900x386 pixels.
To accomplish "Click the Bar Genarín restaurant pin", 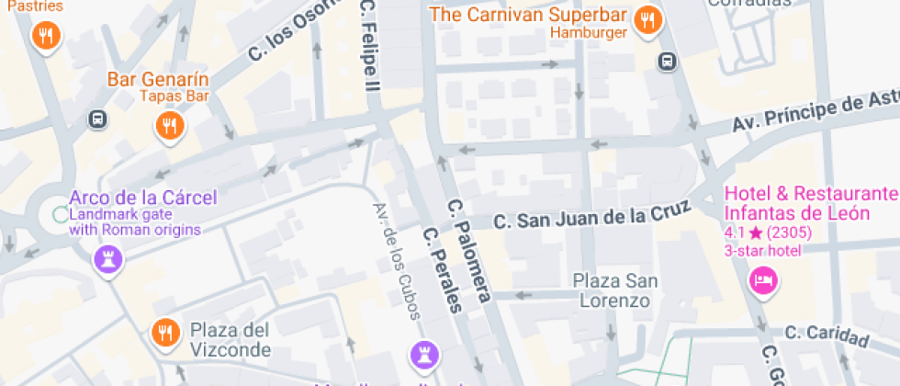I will [168, 125].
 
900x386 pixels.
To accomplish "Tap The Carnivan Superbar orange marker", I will [648, 19].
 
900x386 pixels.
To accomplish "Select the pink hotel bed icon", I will [762, 279].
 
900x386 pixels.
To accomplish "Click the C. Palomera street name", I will [469, 249].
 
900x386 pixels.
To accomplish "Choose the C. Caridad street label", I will [826, 335].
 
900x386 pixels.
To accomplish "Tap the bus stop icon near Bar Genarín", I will [96, 119].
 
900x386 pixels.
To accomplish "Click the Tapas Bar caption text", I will [174, 96].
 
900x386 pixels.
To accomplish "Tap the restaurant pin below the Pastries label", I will [45, 36].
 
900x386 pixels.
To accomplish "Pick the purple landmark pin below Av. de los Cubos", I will [423, 354].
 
